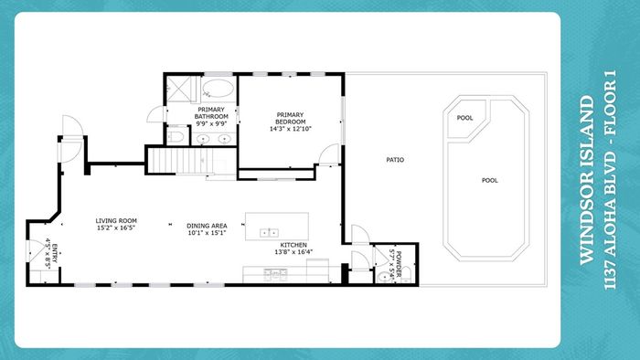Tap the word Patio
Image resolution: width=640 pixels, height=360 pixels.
point(395,160)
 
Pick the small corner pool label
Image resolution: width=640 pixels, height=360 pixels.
point(464,118)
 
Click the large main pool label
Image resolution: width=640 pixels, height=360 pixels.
point(490,180)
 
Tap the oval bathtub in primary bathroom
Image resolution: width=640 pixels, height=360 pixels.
point(218,89)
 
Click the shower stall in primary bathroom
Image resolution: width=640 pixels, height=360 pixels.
point(178,89)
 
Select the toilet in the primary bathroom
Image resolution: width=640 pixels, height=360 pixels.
point(176,136)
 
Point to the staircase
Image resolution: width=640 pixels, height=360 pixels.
point(180,161)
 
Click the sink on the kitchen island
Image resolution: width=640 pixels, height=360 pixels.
point(270,233)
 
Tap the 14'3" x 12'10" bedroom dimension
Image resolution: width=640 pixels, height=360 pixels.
point(290,129)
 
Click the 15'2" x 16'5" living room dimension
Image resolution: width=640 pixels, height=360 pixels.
point(116,228)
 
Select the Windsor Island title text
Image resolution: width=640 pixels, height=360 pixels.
point(587,180)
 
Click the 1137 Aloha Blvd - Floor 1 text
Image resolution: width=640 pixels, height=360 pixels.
point(610,180)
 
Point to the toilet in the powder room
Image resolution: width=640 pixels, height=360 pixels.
point(406,273)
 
